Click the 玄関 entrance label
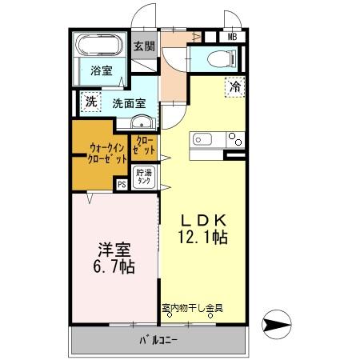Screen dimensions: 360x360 pos(144,46)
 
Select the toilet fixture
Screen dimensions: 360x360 pos(220,58)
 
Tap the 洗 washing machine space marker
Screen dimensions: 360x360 pos(90,102)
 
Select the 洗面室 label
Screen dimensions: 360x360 pos(128,103)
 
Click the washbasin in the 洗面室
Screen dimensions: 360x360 pos(142,122)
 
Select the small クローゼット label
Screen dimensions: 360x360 pos(146,147)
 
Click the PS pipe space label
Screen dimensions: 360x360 pos(122,184)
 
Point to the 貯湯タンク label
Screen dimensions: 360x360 pos(143,177)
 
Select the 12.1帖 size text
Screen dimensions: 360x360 pos(204,238)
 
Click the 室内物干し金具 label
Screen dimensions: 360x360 pos(191,307)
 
